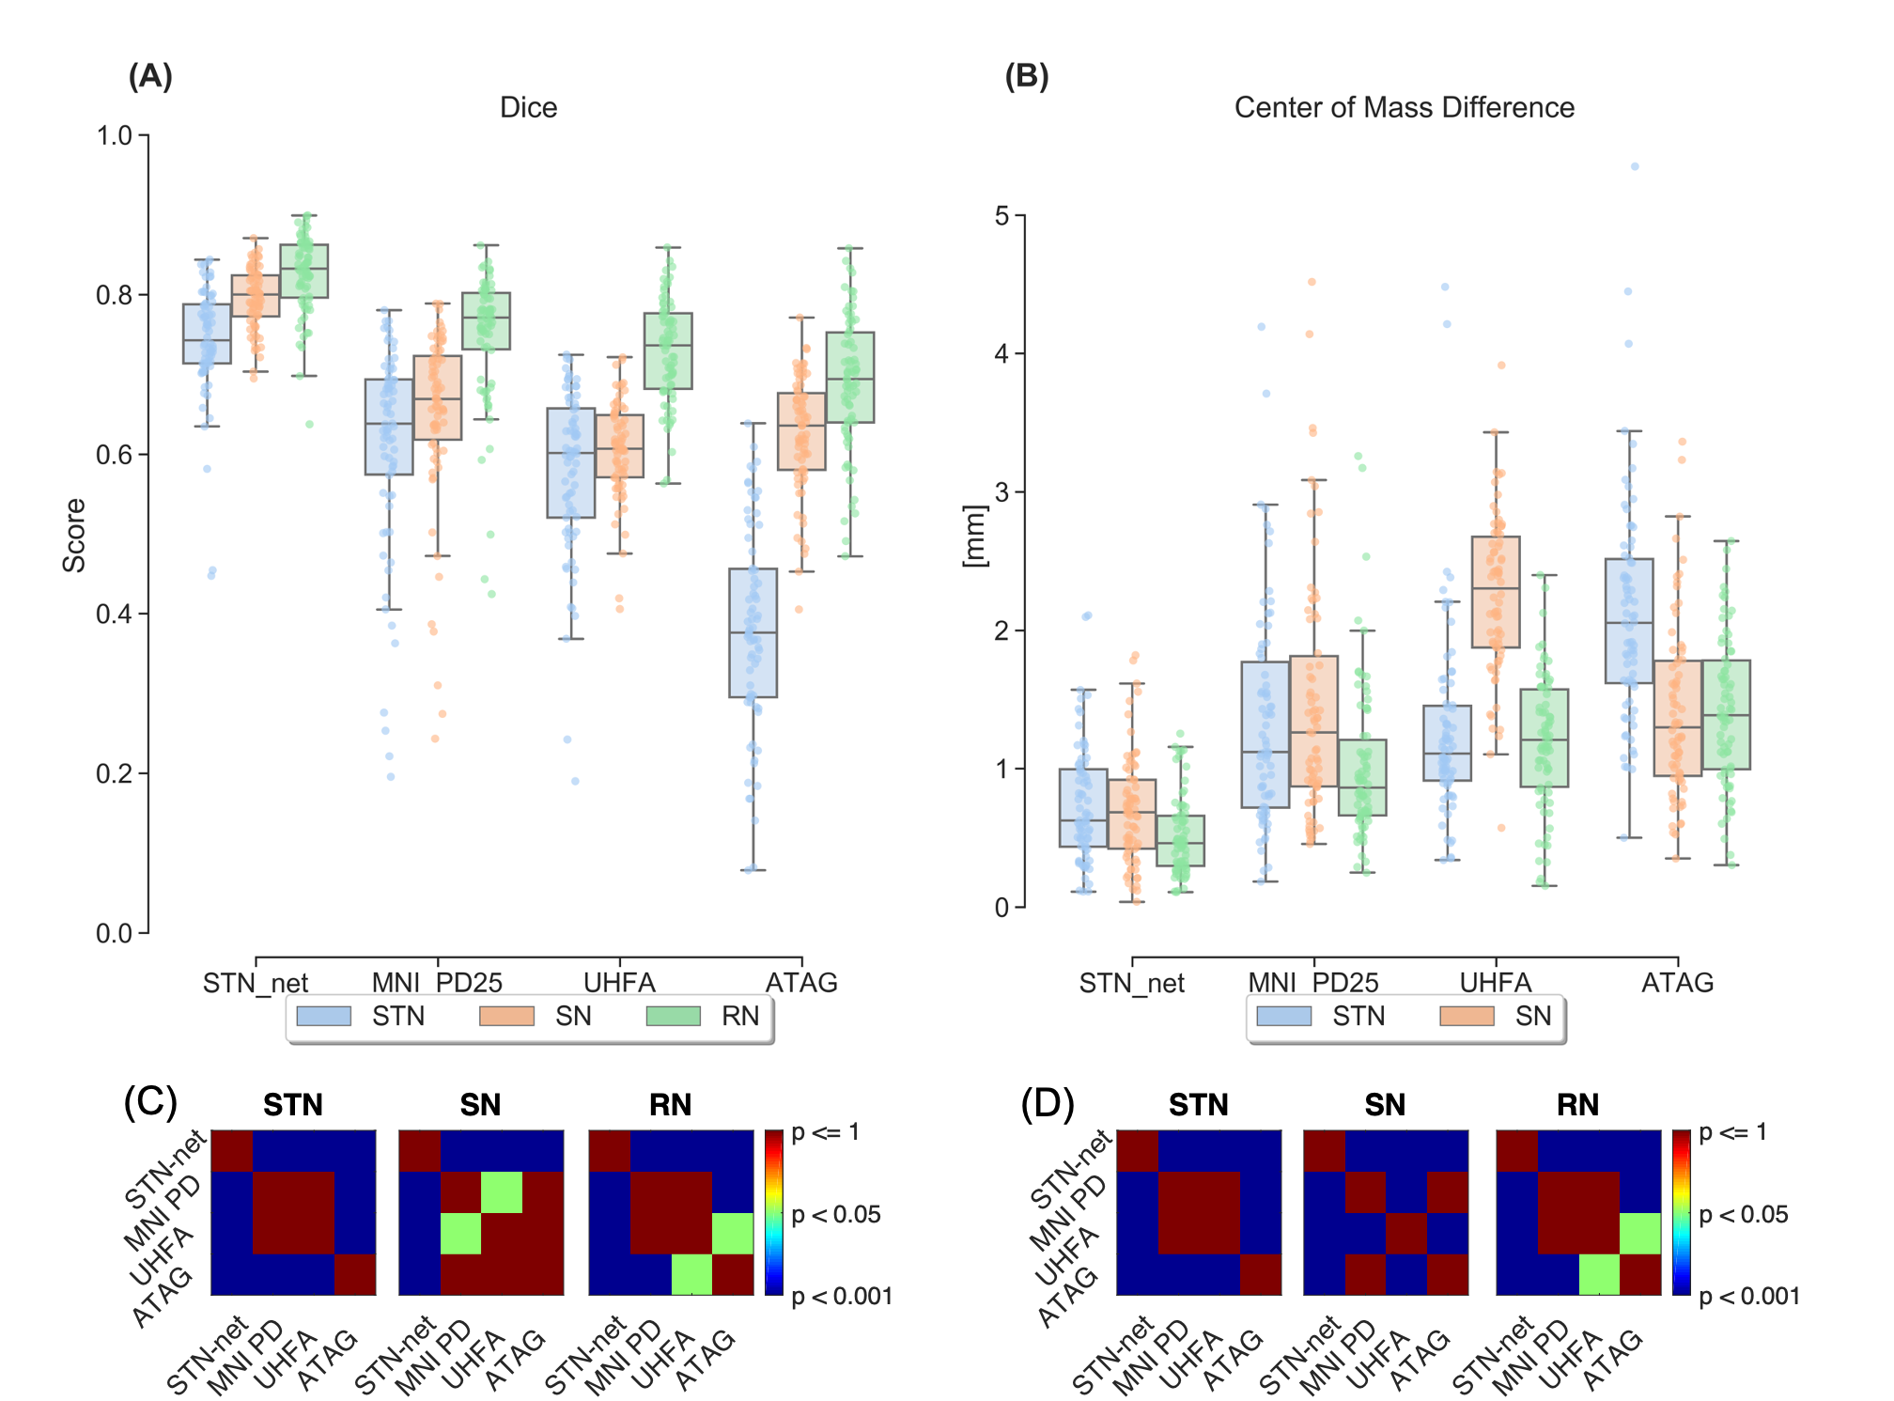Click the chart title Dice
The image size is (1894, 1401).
528,108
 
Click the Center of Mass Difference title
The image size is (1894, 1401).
1404,108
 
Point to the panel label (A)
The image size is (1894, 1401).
150,76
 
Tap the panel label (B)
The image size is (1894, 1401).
1026,76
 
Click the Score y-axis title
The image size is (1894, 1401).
74,535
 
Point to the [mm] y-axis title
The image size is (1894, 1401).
975,536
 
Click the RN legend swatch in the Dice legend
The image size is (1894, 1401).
674,1016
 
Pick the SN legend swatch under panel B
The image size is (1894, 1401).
1467,1016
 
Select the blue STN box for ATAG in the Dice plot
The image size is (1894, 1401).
753,632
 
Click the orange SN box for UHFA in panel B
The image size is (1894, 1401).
1496,592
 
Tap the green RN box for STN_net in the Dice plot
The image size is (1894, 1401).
304,271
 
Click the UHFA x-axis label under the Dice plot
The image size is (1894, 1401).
619,983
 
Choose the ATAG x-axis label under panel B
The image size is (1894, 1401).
1677,983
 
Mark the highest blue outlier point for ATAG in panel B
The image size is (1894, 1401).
1635,166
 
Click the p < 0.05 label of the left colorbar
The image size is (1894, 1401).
836,1215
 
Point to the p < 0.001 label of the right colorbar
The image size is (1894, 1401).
1749,1297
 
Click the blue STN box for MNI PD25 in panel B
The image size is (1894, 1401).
1265,734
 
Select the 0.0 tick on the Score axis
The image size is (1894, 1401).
114,934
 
